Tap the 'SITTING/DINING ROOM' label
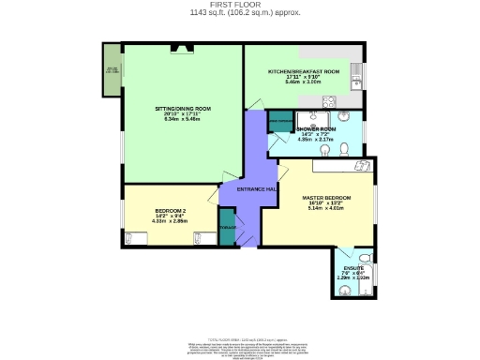tap(183, 109)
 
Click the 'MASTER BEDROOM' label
tap(326, 198)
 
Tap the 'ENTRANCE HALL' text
tap(256, 189)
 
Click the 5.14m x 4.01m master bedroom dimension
tap(326, 209)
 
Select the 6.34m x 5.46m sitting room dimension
tap(183, 120)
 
